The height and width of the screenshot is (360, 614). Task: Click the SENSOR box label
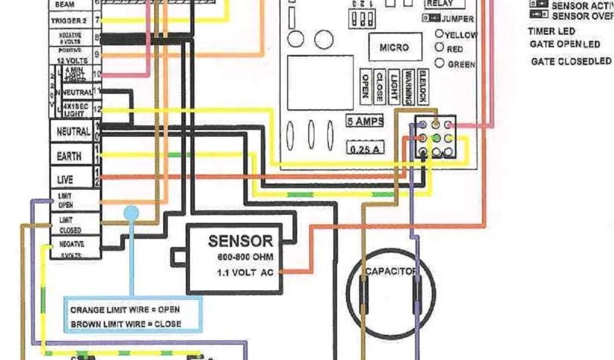(240, 242)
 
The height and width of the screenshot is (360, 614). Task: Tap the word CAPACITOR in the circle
(390, 272)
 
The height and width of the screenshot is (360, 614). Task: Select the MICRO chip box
(394, 47)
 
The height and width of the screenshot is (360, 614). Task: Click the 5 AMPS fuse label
(365, 121)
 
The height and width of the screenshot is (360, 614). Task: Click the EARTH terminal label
(69, 156)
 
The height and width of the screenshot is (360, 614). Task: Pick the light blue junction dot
(131, 212)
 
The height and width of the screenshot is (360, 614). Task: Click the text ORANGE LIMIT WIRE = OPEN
(125, 310)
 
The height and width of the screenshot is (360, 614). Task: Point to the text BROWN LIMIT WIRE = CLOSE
(126, 324)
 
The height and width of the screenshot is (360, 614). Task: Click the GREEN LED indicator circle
(440, 63)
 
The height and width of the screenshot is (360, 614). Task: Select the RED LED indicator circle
(440, 48)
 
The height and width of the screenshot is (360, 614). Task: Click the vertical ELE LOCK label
(423, 86)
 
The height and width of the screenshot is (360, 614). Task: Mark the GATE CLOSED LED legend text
(571, 61)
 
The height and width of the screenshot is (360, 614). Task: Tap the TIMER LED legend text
(551, 31)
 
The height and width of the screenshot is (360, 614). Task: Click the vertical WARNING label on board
(408, 86)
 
